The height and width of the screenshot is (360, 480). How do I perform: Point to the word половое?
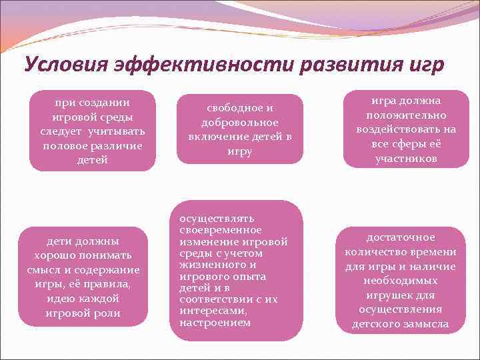[70, 145]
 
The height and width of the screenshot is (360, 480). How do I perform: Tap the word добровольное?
[239, 123]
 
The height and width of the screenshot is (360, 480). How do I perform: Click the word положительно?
[406, 115]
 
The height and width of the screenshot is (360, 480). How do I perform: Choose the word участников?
[406, 159]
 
